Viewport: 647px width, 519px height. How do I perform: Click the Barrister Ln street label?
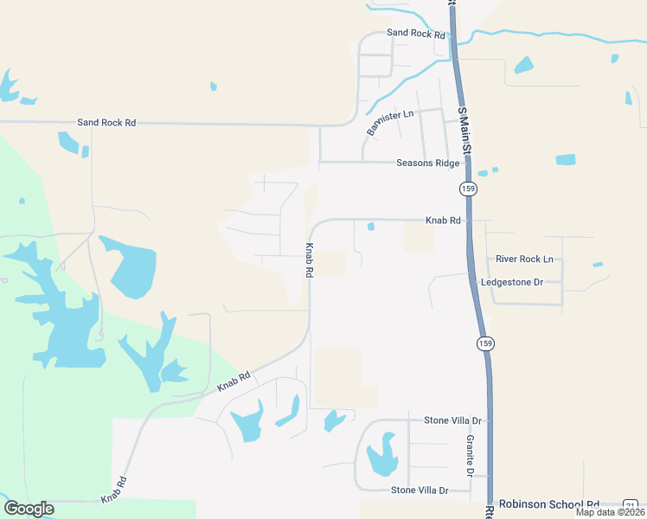[391, 122]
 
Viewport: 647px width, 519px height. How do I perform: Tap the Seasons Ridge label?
[427, 163]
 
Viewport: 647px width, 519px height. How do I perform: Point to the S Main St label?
[464, 131]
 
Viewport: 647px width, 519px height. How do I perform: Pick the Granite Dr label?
[470, 456]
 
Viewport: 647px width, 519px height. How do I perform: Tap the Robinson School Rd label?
[549, 504]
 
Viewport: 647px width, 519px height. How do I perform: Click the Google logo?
[29, 509]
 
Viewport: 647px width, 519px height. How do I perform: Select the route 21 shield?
[631, 505]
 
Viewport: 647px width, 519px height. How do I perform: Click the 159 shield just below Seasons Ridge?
[468, 188]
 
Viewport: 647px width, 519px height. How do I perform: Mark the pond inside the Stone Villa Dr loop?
[381, 457]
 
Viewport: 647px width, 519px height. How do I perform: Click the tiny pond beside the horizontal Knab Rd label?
[371, 227]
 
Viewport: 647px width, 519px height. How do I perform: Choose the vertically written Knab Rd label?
[309, 259]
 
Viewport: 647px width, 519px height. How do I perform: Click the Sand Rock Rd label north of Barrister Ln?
[415, 34]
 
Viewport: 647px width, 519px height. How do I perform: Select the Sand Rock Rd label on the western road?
[106, 123]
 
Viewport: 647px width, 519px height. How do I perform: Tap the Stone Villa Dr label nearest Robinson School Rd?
[420, 490]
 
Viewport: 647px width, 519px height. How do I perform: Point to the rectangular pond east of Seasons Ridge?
[565, 159]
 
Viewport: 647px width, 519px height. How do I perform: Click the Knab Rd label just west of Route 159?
[442, 221]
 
